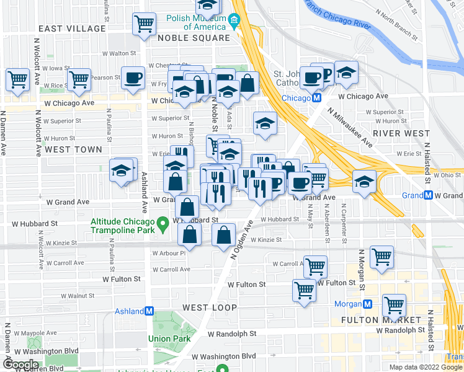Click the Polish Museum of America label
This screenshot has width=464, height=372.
(x=195, y=22)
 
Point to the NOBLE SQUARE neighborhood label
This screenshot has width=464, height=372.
(x=194, y=38)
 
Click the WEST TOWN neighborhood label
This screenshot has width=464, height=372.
(x=73, y=149)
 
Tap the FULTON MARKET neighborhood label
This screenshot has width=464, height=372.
(x=381, y=320)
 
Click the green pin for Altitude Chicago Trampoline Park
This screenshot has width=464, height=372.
(x=163, y=222)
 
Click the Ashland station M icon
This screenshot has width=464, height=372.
(x=149, y=311)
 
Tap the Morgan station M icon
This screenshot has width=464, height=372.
(x=368, y=304)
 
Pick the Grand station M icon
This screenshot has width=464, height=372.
(x=428, y=195)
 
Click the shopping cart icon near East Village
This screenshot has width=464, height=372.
(x=144, y=24)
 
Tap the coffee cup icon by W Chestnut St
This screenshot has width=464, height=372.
(x=133, y=77)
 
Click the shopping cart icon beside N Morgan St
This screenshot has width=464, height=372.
(x=381, y=256)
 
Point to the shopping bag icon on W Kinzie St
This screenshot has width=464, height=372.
(x=224, y=235)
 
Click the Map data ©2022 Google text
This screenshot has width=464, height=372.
(x=426, y=367)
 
